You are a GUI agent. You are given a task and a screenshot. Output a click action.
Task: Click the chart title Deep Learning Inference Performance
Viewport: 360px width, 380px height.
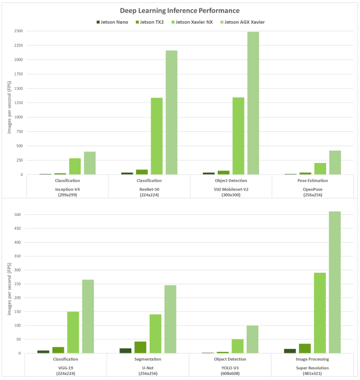pyautogui.click(x=179, y=11)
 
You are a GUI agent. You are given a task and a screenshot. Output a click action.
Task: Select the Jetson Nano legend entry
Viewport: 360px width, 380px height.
pyautogui.click(x=112, y=22)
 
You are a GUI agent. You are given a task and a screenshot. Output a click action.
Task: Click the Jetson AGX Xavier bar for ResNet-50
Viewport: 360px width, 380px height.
pyautogui.click(x=171, y=113)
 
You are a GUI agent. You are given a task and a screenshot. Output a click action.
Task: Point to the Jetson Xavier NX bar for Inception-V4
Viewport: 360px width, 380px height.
pyautogui.click(x=75, y=167)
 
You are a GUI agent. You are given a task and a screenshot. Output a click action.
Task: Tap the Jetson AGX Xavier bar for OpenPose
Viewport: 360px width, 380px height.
pyautogui.click(x=335, y=162)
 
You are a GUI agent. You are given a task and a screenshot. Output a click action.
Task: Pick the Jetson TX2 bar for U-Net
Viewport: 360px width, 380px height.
pyautogui.click(x=140, y=347)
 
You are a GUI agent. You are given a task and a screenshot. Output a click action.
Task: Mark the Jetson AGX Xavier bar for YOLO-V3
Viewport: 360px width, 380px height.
pyautogui.click(x=252, y=339)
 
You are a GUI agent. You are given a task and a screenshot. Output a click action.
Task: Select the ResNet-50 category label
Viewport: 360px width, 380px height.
pyautogui.click(x=149, y=189)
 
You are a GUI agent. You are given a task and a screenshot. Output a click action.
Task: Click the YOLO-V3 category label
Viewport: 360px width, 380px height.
pyautogui.click(x=230, y=368)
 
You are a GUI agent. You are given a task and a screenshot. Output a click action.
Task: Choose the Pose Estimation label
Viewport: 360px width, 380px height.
pyautogui.click(x=312, y=180)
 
